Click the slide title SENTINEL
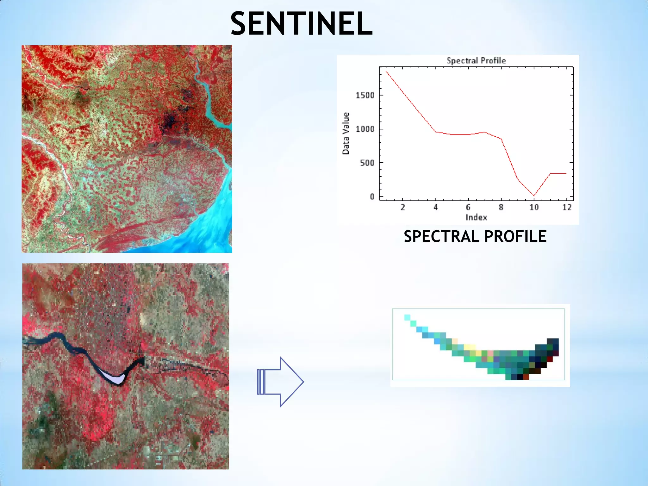301,23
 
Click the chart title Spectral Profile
476,60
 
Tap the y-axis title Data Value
346,133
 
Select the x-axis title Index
476,217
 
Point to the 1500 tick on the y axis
365,95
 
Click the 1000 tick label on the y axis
365,129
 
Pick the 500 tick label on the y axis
367,163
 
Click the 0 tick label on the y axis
372,197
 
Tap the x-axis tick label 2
402,208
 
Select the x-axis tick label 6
468,208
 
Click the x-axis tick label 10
534,208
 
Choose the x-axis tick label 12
567,208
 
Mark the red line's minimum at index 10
534,196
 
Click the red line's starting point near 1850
386,72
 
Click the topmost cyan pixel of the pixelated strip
407,317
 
